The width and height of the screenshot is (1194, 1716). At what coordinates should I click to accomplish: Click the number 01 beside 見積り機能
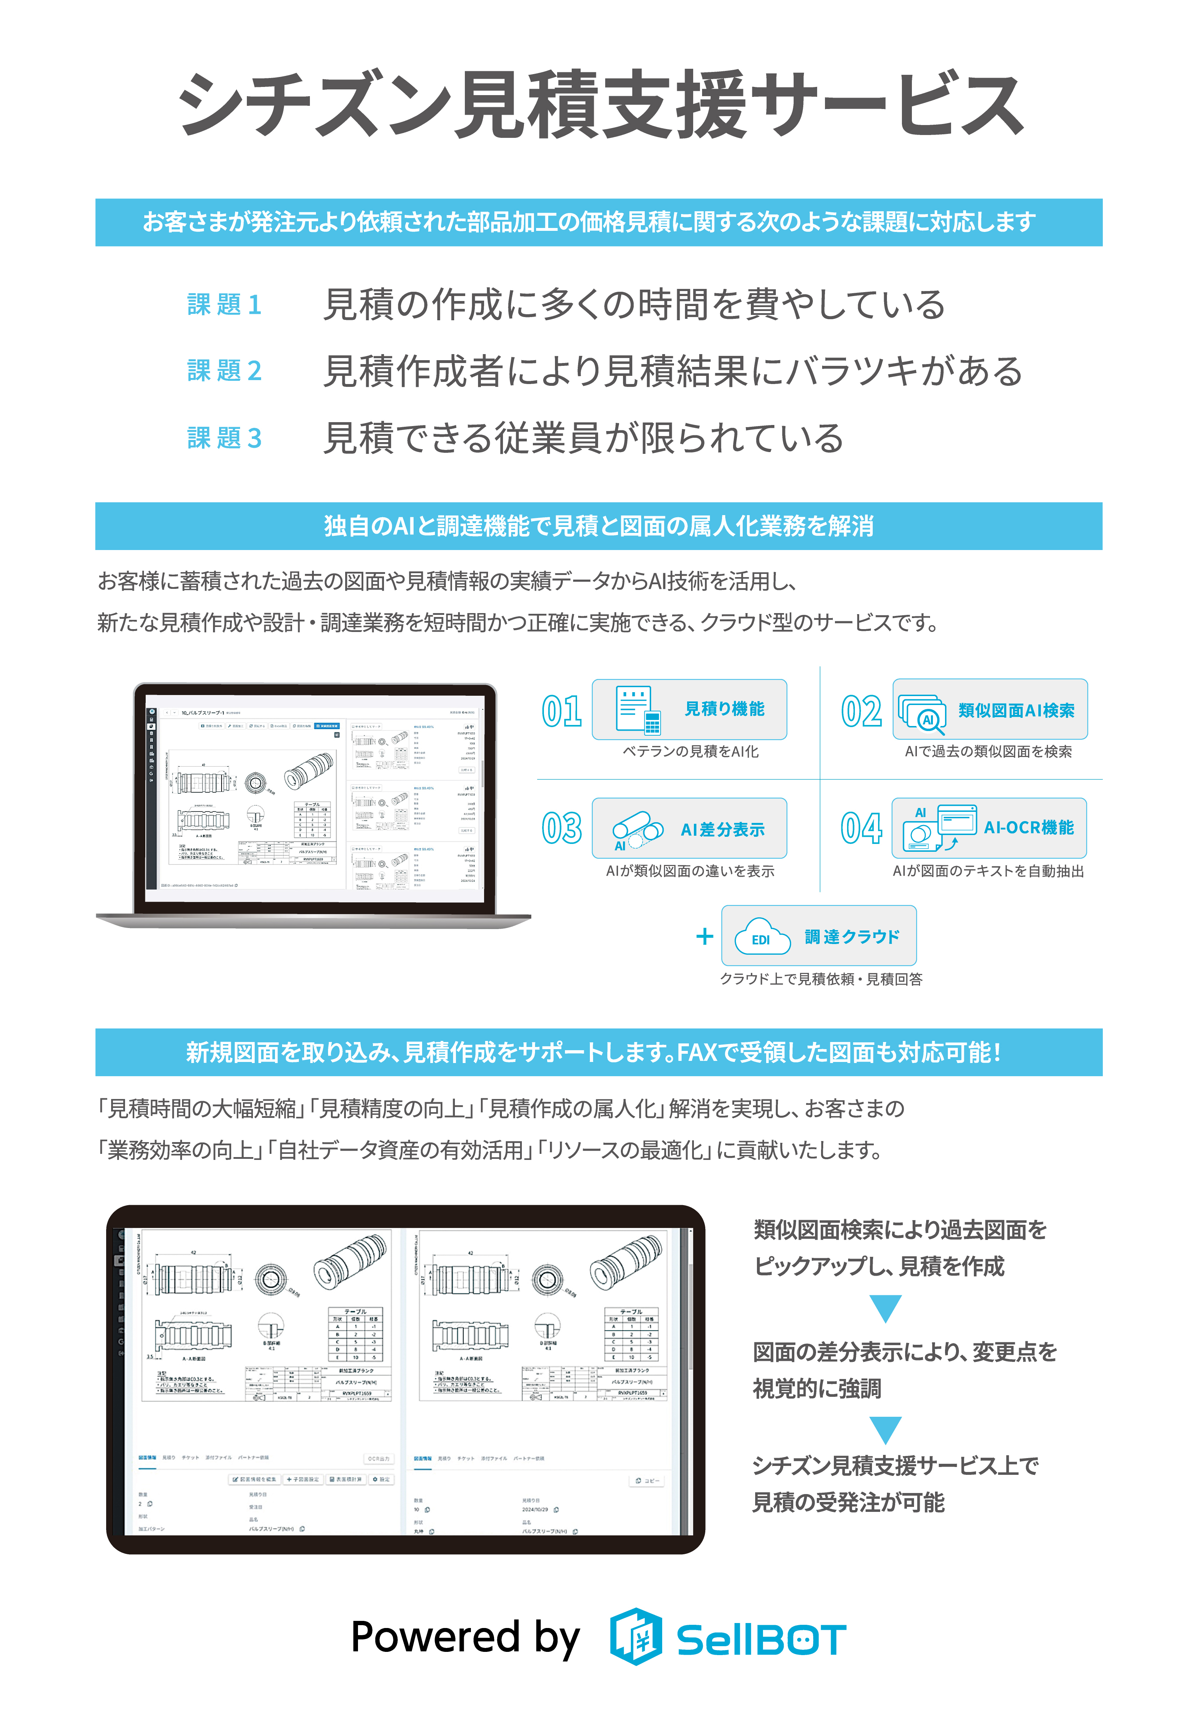click(x=562, y=711)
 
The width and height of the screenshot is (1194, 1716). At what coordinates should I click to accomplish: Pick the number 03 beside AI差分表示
click(x=562, y=828)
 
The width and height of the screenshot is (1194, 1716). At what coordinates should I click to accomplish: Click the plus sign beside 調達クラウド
click(x=704, y=937)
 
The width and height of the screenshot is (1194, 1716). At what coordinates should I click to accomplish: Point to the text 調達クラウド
click(x=852, y=937)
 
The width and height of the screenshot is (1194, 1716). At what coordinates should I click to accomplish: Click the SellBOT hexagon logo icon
click(x=635, y=1637)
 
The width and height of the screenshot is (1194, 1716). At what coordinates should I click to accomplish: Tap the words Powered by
click(x=465, y=1637)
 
